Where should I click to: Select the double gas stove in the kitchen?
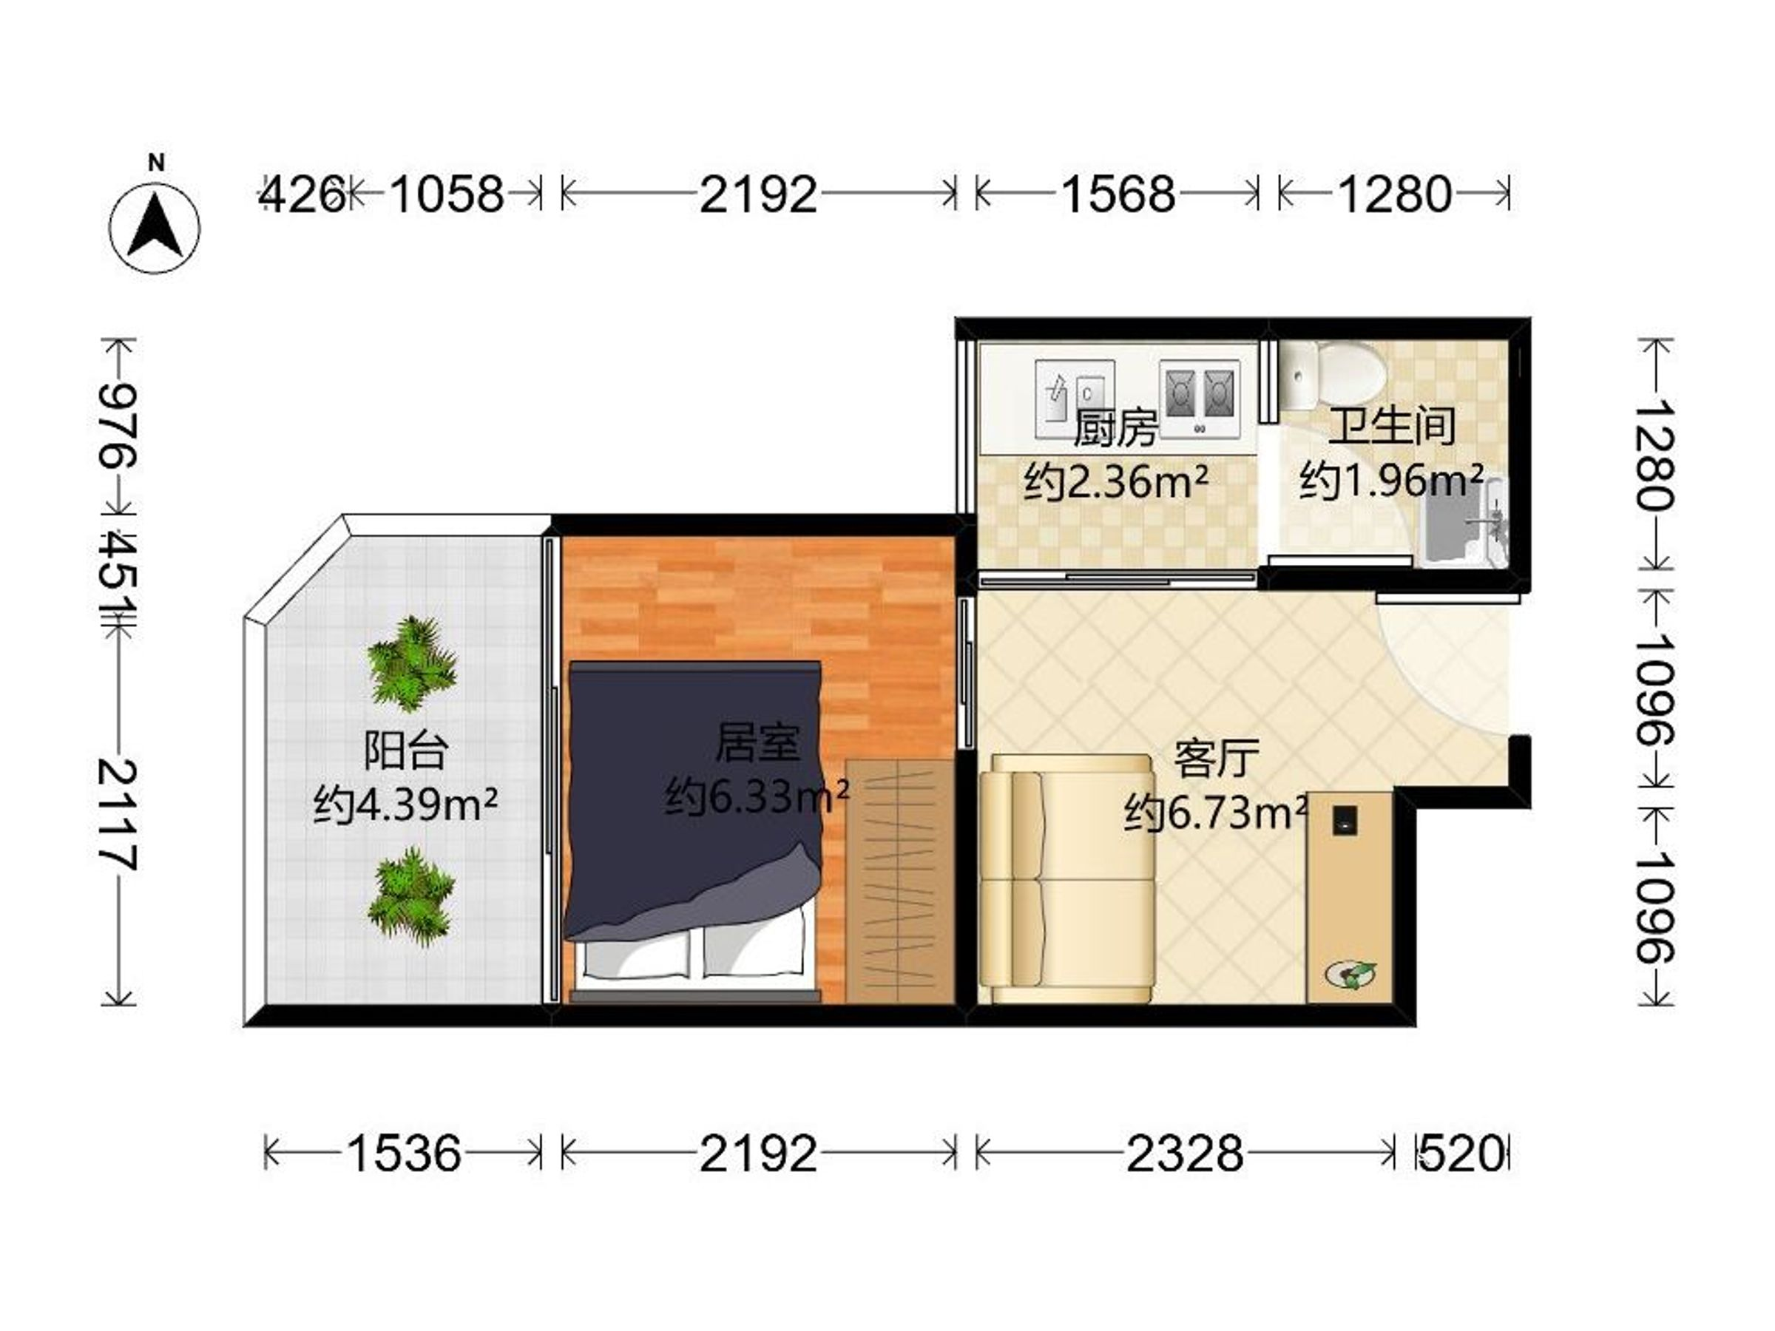tap(1199, 398)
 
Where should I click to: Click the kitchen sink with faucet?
tap(1075, 398)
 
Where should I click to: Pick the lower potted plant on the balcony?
tap(412, 897)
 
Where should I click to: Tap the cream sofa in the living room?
tap(1066, 878)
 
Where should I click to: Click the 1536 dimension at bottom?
tap(404, 1154)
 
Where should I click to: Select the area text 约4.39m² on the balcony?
tap(405, 804)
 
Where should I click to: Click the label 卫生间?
tap(1391, 426)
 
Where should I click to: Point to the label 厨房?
tap(1115, 428)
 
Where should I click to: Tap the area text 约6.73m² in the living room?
tap(1217, 813)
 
